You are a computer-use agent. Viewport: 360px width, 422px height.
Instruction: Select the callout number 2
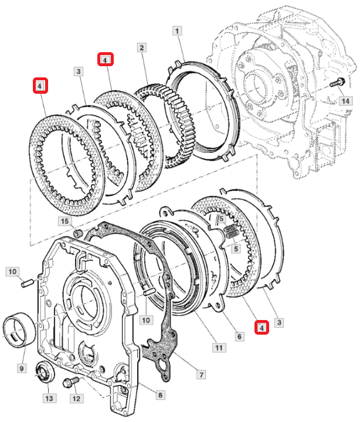coord(141,47)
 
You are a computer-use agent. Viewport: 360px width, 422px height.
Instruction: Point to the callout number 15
coord(64,221)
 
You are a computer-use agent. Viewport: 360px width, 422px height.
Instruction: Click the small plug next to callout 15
coord(76,234)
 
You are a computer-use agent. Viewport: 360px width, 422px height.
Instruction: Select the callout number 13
coord(48,399)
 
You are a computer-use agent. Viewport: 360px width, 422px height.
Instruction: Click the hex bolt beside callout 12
coord(69,383)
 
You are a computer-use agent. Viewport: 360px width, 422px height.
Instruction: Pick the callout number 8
coord(159,395)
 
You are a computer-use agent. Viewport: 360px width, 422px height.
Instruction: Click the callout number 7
coord(201,373)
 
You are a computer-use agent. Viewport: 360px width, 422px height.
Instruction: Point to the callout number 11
coord(219,348)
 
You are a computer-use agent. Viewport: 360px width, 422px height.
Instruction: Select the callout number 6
coord(239,336)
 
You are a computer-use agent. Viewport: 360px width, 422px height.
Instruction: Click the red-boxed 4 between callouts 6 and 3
coord(262,327)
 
